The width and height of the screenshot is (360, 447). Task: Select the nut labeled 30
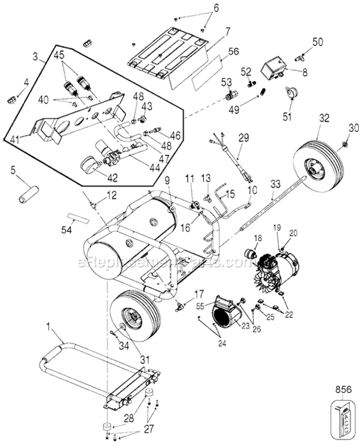[x=347, y=144]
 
